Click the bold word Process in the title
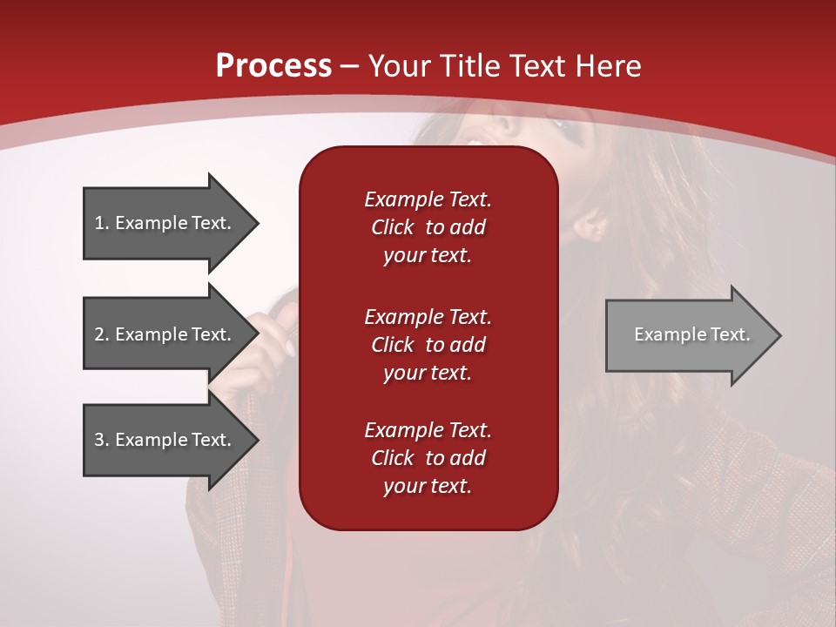click(273, 66)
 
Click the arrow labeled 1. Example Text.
click(165, 223)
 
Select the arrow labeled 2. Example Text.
click(165, 334)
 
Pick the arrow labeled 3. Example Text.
click(165, 440)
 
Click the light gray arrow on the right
click(688, 334)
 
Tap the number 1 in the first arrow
click(99, 223)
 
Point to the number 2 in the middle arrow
click(99, 334)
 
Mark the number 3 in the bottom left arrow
click(99, 440)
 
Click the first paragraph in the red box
click(428, 227)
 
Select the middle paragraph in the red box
click(428, 345)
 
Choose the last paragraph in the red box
click(428, 458)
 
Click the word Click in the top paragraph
click(393, 228)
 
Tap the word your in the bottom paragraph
click(403, 487)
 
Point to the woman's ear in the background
click(591, 226)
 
